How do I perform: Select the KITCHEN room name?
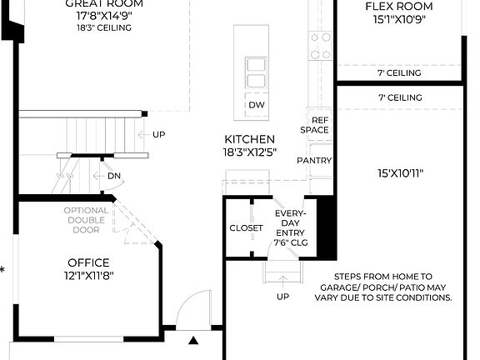[x=249, y=139]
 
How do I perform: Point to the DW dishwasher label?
[x=257, y=104]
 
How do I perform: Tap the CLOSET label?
[x=246, y=227]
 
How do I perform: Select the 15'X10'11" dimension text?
[x=400, y=173]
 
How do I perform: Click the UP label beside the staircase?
[x=158, y=134]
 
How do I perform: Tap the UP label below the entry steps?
[x=282, y=297]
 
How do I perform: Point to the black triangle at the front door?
[x=193, y=340]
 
